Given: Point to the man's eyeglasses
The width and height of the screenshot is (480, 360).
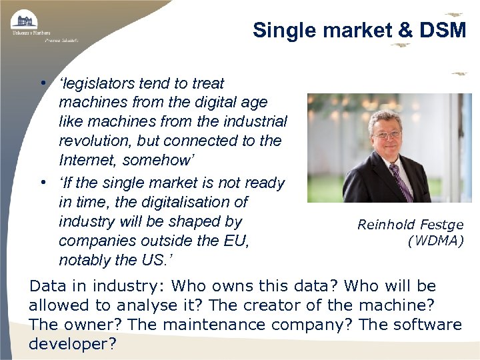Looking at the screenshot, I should [x=387, y=134].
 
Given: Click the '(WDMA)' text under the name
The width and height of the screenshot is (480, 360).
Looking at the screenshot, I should [x=435, y=240].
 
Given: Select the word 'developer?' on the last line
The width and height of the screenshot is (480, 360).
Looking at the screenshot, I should [x=73, y=344].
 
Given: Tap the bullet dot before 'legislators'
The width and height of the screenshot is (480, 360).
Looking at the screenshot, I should [x=42, y=84].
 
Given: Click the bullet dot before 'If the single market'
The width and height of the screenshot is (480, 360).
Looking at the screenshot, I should [x=42, y=183].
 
